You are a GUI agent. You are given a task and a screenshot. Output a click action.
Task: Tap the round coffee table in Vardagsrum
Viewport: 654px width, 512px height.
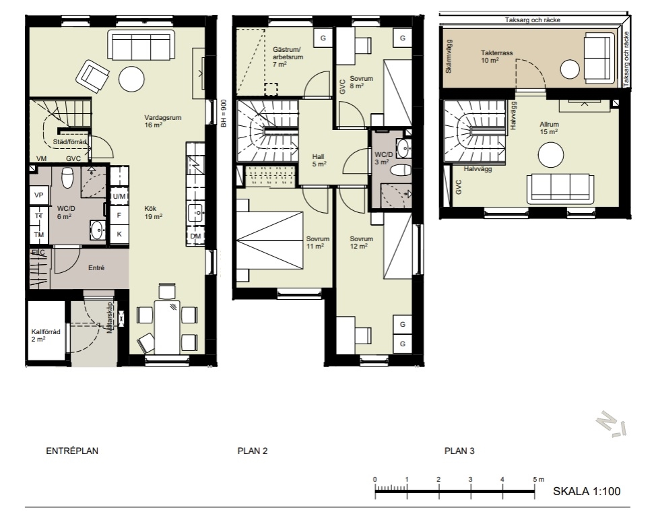[131, 79]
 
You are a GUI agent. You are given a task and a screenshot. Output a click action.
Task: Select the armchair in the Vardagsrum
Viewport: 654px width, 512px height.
[92, 76]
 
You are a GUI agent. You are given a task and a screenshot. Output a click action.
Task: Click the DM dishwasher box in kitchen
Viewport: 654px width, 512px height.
[195, 236]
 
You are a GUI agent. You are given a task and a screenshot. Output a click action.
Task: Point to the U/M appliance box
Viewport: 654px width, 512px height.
[119, 196]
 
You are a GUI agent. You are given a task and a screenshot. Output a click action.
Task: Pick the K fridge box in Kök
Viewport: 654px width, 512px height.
[119, 234]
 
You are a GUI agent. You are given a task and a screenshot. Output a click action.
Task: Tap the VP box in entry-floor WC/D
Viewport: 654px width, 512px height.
[39, 195]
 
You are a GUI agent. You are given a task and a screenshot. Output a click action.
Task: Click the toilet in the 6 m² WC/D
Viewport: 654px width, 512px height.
[67, 177]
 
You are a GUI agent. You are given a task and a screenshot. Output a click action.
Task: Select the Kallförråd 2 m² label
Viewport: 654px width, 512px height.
[45, 335]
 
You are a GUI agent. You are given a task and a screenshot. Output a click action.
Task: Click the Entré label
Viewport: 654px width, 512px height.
[96, 268]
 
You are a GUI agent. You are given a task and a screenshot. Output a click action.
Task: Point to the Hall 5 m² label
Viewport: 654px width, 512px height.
[319, 160]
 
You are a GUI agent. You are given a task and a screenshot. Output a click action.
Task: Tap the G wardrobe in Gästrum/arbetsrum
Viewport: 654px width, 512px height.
[323, 38]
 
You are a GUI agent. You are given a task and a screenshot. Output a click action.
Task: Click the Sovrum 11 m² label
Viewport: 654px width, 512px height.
[318, 243]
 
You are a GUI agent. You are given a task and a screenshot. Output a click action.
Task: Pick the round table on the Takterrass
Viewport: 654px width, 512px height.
[569, 69]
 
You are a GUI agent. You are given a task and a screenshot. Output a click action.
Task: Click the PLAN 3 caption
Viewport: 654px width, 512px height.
[459, 451]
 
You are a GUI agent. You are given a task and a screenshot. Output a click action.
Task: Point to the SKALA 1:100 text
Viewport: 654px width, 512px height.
[587, 491]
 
